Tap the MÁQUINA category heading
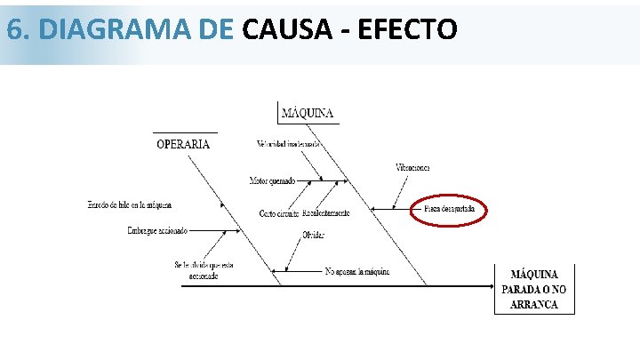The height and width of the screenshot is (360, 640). coord(308,113)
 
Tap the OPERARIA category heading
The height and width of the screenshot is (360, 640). coord(183,144)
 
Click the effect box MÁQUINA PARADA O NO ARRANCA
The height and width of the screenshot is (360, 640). coord(534,289)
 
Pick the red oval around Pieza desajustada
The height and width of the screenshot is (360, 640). coord(449,210)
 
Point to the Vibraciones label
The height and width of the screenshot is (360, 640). coord(412,167)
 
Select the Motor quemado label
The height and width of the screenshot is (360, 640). coord(272,181)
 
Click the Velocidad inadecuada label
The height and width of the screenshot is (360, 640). coord(288,144)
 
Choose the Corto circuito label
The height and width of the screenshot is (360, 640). coord(278,213)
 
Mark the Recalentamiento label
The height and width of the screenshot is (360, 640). coord(326,213)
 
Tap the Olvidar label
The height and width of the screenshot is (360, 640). coord(313,235)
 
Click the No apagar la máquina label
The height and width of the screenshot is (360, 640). coord(357,270)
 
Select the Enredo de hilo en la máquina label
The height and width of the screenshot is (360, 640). coord(130,205)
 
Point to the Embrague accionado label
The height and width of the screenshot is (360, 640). coord(157,230)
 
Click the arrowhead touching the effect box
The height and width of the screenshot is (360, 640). coord(490,286)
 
